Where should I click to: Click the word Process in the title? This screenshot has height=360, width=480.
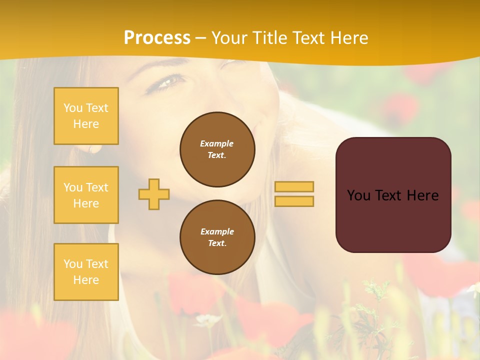157,38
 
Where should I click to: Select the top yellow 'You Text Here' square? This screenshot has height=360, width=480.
86,116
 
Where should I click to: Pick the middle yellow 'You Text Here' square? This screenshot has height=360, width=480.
86,195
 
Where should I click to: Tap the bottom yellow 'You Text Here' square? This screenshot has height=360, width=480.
86,272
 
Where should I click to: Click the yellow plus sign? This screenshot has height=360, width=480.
154,194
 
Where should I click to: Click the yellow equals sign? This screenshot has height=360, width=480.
294,194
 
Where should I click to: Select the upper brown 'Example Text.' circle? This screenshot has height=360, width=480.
217,149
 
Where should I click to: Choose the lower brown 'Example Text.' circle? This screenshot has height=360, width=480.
217,237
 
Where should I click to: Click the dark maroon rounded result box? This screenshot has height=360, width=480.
393,194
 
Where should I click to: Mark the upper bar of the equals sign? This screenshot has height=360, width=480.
294,186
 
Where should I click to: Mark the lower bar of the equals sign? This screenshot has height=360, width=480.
294,201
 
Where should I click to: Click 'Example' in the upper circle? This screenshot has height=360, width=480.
216,143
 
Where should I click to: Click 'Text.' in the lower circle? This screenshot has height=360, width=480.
217,243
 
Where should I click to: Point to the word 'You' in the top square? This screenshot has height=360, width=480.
72,108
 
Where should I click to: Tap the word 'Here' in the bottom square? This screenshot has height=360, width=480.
86,280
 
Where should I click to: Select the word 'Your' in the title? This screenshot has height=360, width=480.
230,38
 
